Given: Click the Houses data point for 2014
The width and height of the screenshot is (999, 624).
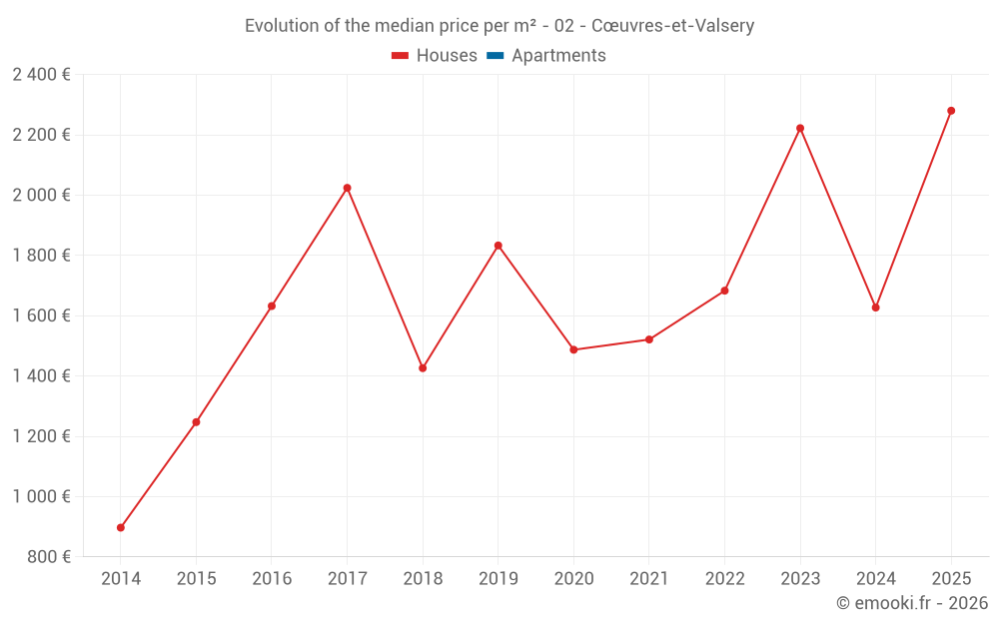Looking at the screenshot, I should point(121,527).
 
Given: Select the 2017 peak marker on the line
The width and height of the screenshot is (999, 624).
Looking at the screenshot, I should point(347,188).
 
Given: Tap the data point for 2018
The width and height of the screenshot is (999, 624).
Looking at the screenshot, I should point(423,368).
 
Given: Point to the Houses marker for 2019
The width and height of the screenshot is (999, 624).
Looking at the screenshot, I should point(498,246).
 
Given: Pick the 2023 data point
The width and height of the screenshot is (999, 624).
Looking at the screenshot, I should point(800,128).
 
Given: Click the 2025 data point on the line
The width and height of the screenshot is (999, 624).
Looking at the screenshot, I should point(951,111).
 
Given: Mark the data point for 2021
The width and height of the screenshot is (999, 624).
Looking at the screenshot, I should point(649,339).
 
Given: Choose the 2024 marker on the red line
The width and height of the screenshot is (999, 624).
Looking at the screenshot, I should point(875,308).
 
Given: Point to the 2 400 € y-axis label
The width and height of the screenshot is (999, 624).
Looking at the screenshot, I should point(41,75).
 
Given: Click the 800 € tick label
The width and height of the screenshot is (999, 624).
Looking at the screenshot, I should point(47,557).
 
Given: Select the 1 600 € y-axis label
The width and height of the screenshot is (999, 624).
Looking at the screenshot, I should point(41,315).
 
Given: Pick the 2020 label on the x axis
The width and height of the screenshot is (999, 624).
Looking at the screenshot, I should point(573,579).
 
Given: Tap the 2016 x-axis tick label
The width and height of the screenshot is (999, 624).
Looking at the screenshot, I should point(272,579).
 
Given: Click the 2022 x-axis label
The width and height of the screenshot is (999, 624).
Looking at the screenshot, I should point(724,579).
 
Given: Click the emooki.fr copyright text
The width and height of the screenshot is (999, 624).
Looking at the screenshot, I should point(912,603).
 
